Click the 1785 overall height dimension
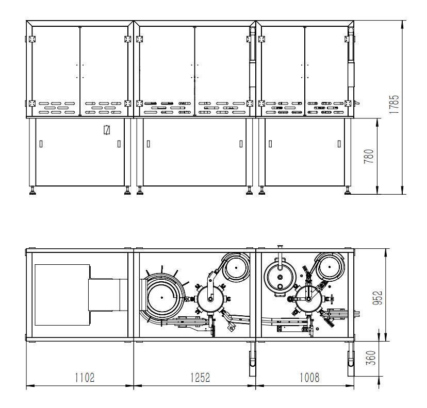point(394,104)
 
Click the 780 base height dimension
point(369,156)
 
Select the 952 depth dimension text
point(377,298)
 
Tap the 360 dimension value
point(371,358)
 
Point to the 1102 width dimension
point(85,378)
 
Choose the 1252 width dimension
point(200,378)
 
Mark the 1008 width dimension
point(309,378)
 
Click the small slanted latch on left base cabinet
point(107,130)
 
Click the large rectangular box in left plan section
point(62,295)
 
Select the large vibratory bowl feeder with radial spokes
point(162,297)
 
